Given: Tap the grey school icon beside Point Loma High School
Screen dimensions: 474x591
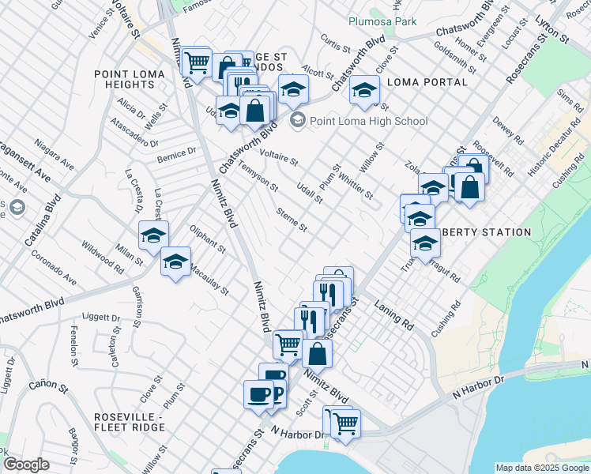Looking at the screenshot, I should coord(298,121).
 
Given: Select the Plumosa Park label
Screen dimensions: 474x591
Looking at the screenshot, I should coord(382,21).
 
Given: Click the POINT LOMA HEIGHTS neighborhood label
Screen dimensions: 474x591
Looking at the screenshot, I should coord(129,81).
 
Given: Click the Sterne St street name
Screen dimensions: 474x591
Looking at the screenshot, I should coord(292,220).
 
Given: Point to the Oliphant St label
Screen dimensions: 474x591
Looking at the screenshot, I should coord(208,239).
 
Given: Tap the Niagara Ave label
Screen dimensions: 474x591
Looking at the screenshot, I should coord(53,156).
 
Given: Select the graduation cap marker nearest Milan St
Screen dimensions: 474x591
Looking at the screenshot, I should coord(154,235).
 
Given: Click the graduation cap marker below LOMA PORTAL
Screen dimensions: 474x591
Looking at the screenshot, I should coord(364,91).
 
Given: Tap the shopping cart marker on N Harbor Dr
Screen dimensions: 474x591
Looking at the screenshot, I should coord(345,423).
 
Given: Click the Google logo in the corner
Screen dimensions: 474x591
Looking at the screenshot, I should coord(26,465).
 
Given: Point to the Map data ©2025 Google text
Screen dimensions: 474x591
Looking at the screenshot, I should coord(542,468).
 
